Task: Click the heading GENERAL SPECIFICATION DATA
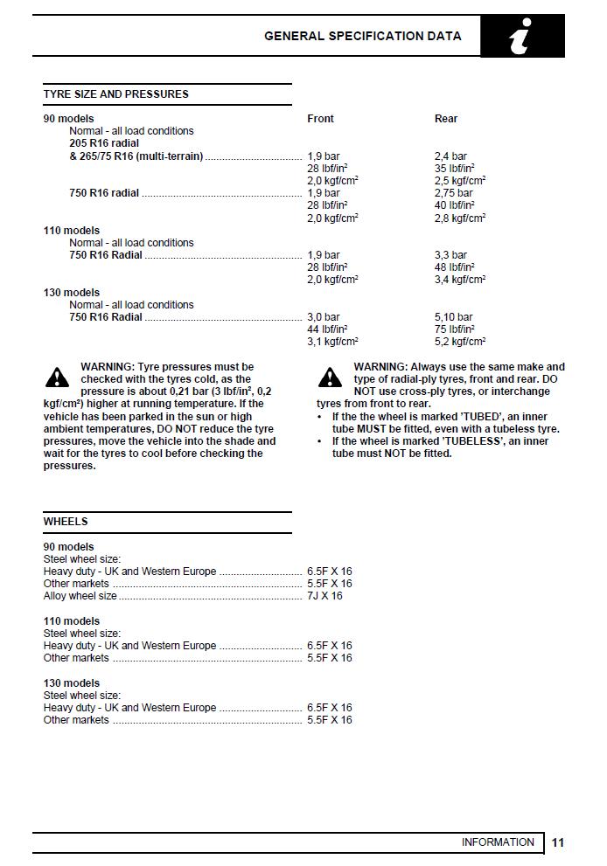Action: [x=363, y=37]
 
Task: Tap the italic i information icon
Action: [x=522, y=37]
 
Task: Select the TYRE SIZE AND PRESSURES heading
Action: [x=116, y=94]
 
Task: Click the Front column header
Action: [x=320, y=119]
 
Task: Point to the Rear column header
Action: [x=446, y=119]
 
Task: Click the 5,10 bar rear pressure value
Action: [x=453, y=317]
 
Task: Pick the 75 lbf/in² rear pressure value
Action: [x=454, y=329]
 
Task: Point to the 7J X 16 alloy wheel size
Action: [x=324, y=596]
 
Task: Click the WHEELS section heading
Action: [x=66, y=522]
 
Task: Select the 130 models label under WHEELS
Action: [x=72, y=683]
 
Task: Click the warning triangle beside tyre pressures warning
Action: [x=57, y=378]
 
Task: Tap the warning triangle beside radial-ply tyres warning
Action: [x=330, y=378]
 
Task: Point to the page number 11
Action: [x=558, y=842]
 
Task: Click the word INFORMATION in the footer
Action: [x=498, y=842]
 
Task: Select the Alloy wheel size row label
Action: [x=80, y=596]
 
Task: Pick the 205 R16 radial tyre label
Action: [x=104, y=143]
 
